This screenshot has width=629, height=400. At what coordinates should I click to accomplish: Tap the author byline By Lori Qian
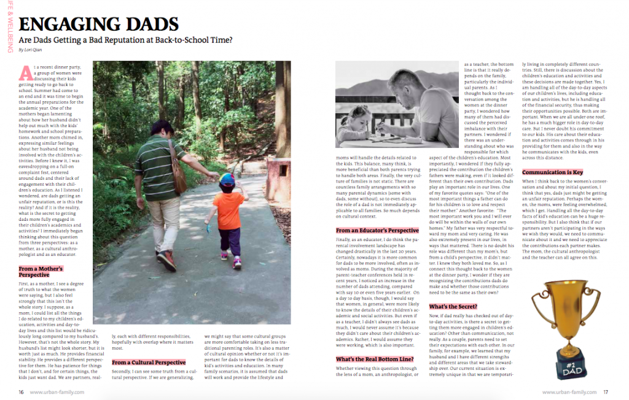[30, 50]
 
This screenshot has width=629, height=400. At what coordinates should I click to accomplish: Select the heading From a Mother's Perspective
[41, 272]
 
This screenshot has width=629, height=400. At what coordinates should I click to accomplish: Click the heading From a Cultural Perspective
[149, 363]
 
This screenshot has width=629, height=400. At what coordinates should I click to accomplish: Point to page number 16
[21, 391]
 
